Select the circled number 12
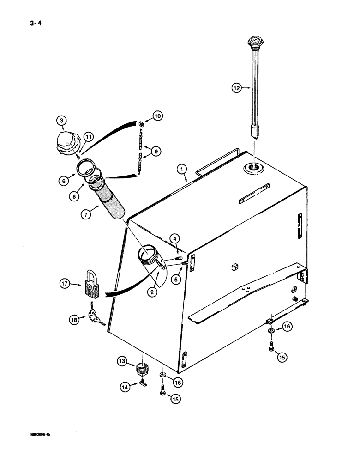click(x=237, y=86)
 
